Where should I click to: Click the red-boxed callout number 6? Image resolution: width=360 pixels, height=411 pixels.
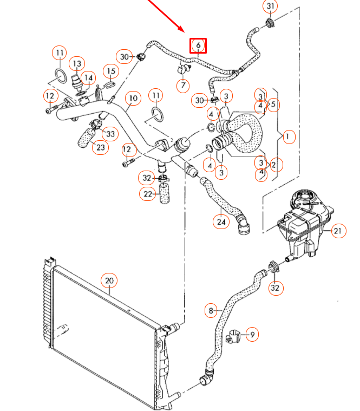[x=198, y=45]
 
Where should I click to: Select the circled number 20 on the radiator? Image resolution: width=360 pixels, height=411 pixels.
[x=109, y=280]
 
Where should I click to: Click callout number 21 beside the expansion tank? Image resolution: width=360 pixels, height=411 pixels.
[x=338, y=231]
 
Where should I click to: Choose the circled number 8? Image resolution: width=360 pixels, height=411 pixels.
[x=211, y=311]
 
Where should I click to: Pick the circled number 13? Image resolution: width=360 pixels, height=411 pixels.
[x=77, y=64]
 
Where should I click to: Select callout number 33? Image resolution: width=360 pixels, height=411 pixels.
[x=110, y=133]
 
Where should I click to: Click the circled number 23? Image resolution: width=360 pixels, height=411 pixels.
[x=100, y=147]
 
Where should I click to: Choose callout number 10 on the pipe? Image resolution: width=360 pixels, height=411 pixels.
[x=133, y=99]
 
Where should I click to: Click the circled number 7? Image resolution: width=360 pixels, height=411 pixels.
[x=184, y=86]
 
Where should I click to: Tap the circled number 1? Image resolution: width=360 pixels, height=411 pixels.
[x=289, y=136]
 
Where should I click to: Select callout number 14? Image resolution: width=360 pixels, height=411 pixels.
[x=88, y=78]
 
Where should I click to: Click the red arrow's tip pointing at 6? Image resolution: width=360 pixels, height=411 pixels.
[x=186, y=32]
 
